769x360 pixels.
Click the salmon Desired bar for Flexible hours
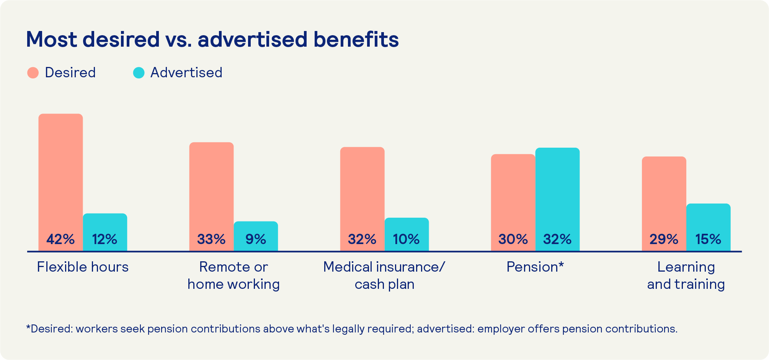60,172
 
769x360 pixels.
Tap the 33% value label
211,239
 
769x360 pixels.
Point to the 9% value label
256,239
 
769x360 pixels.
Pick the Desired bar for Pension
513,191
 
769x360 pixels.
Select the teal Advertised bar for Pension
557,187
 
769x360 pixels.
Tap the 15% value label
708,239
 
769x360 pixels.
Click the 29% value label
664,239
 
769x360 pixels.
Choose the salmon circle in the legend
33,73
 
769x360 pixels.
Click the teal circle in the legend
139,73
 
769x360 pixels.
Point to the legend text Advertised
186,73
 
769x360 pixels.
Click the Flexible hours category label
83,267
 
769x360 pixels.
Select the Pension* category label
535,267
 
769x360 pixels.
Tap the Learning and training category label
686,275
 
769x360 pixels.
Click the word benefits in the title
356,39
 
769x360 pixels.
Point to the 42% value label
60,239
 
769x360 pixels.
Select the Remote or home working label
233,275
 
